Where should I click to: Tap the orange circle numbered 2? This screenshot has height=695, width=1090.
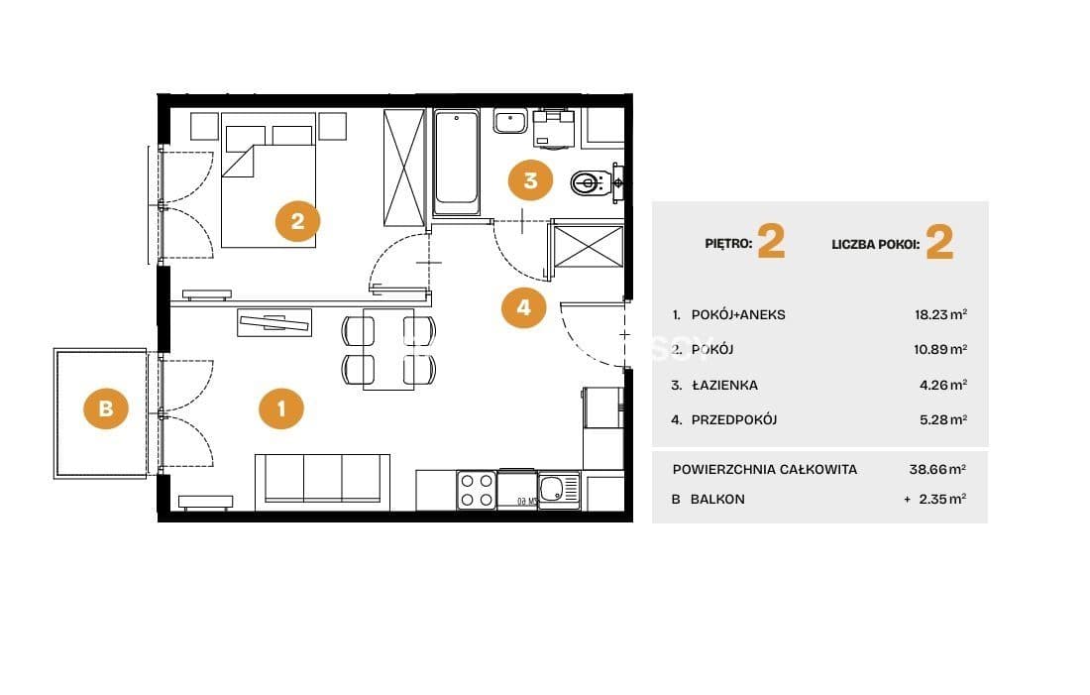[297, 221]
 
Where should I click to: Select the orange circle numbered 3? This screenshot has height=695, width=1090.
[530, 180]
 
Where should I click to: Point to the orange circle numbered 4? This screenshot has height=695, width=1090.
[523, 306]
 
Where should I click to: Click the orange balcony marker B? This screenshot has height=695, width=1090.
[106, 407]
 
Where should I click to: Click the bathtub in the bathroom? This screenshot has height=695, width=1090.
[456, 162]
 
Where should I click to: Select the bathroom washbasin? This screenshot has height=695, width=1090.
[510, 121]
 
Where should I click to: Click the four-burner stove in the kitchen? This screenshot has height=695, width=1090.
[477, 490]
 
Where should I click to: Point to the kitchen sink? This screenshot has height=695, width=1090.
[559, 490]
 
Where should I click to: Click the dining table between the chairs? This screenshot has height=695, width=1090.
[388, 349]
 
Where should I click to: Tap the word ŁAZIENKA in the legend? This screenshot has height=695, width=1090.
[724, 385]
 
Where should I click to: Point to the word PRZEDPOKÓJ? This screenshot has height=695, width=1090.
[734, 419]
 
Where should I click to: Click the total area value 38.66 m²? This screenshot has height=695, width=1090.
[937, 469]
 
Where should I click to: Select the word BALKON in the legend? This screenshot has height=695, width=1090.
[717, 499]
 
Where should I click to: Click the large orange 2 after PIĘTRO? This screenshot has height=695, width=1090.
[771, 241]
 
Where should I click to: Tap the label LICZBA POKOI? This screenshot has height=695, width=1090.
[875, 244]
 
